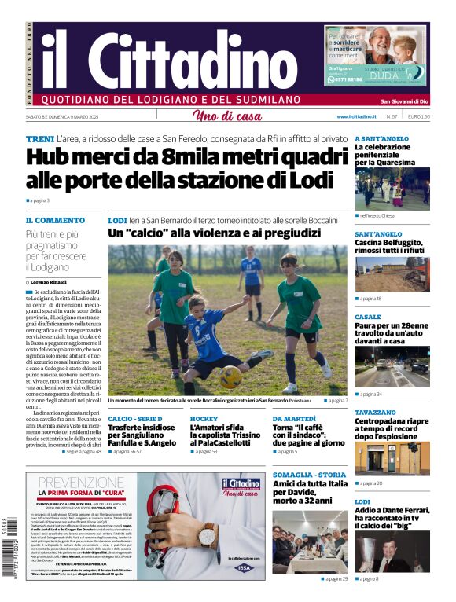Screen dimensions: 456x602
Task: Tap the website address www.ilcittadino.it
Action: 359,116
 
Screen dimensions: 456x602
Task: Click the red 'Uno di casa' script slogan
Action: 227,116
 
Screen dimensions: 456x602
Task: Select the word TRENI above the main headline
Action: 39,138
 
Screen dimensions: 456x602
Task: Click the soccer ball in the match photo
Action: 230,376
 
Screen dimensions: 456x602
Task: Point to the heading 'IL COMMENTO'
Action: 55,221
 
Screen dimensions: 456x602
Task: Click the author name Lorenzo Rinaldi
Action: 49,281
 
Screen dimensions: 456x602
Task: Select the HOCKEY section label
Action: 204,419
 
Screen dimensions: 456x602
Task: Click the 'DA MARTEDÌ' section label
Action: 294,419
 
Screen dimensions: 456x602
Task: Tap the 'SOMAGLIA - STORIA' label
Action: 309,475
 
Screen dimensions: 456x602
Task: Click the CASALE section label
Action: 367,317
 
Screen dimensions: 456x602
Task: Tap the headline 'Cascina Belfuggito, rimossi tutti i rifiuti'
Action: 388,248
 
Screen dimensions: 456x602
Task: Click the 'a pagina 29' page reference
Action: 336,578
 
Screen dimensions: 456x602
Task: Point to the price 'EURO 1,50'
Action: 419,116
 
